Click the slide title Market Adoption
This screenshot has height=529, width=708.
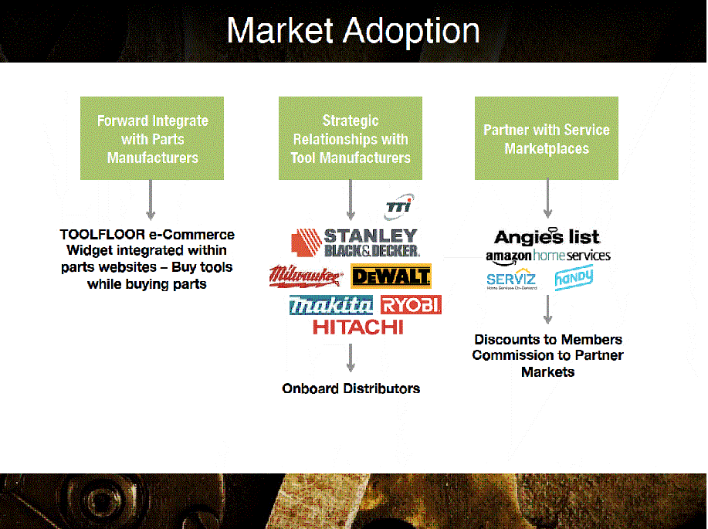pyautogui.click(x=353, y=32)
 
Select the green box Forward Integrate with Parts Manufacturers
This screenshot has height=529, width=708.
pyautogui.click(x=152, y=138)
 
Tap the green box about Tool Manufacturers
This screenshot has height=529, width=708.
pyautogui.click(x=351, y=138)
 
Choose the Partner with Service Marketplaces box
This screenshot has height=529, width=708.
pyautogui.click(x=547, y=138)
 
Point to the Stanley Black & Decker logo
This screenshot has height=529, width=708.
pyautogui.click(x=356, y=242)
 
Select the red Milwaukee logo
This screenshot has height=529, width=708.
pyautogui.click(x=306, y=275)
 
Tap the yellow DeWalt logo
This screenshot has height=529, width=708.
pyautogui.click(x=391, y=276)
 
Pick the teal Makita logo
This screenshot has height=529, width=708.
pyautogui.click(x=331, y=306)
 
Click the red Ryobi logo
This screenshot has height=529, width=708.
pyautogui.click(x=411, y=305)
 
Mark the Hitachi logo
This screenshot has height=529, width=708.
pyautogui.click(x=357, y=327)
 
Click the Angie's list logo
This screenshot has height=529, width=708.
pyautogui.click(x=547, y=237)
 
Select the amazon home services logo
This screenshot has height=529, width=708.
pyautogui.click(x=547, y=256)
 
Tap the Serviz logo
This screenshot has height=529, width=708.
pyautogui.click(x=511, y=278)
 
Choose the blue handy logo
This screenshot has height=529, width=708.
pyautogui.click(x=574, y=276)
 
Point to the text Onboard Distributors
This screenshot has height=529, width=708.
pyautogui.click(x=351, y=388)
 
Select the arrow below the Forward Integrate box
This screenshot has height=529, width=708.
pyautogui.click(x=151, y=199)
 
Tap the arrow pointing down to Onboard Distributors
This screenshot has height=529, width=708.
pyautogui.click(x=351, y=358)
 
